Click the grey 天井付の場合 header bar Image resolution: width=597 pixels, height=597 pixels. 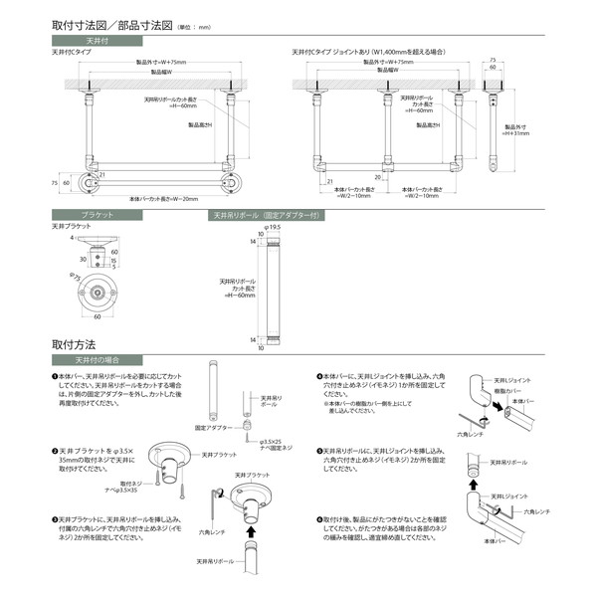click(98, 359)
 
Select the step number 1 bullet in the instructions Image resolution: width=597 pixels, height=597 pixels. click(54, 377)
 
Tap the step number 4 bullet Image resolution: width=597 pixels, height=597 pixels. click(317, 377)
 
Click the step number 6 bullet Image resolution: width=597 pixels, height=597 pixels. click(317, 519)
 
